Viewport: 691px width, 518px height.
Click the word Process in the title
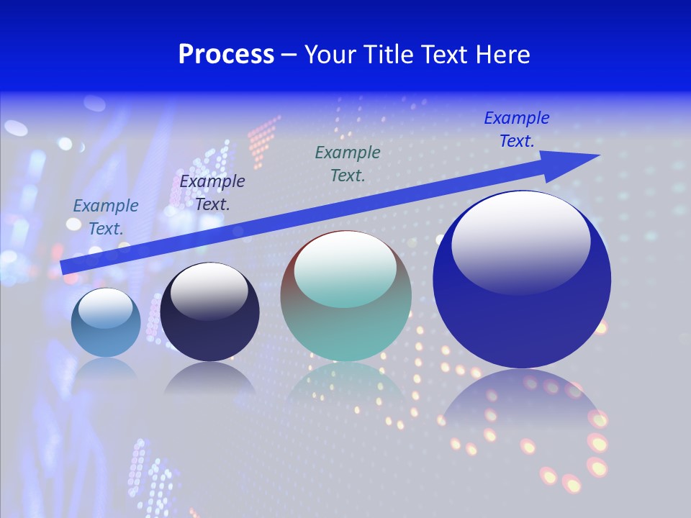[226, 55]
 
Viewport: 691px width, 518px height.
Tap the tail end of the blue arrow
[63, 267]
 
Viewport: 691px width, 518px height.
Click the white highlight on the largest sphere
[520, 241]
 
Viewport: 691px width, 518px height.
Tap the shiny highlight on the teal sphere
[345, 268]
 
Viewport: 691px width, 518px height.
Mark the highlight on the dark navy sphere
[209, 289]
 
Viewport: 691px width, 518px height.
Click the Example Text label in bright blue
[516, 129]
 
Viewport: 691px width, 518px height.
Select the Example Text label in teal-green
[348, 163]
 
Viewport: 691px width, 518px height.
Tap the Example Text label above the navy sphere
[212, 192]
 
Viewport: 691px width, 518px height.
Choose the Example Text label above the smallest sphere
[106, 217]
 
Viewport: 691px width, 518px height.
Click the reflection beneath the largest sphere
[522, 410]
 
